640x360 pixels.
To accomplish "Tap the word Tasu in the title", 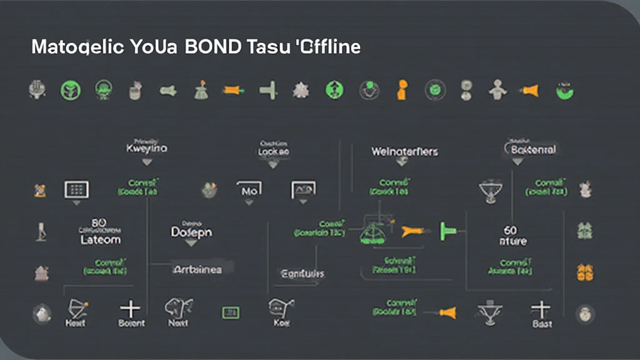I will (x=267, y=47).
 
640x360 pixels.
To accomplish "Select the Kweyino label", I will (x=147, y=149).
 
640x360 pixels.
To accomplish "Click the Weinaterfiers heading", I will (x=404, y=151).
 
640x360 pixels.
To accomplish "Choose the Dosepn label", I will (x=191, y=232).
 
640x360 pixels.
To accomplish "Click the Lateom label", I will (x=101, y=239).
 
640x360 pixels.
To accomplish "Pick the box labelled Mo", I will (x=249, y=189).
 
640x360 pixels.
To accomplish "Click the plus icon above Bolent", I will (x=131, y=308).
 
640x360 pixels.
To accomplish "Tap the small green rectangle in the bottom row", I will (x=231, y=312).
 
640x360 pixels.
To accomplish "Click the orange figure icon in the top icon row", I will (x=401, y=90).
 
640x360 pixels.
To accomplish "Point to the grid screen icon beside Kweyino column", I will (x=76, y=189).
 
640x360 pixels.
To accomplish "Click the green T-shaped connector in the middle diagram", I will (x=447, y=231).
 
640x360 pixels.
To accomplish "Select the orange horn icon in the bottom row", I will (x=447, y=312).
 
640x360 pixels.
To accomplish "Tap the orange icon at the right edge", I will (x=585, y=272).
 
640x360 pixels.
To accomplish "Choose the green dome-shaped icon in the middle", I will (x=374, y=232).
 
